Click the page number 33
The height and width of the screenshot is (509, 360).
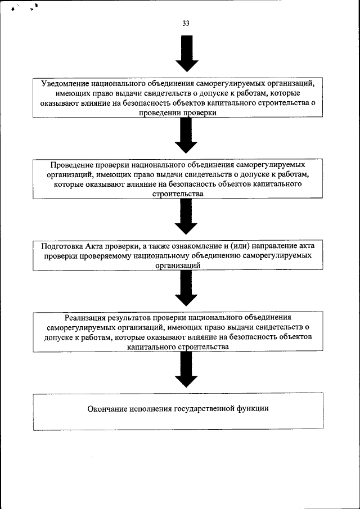(186, 23)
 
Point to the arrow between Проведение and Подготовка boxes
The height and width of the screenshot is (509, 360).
(186, 216)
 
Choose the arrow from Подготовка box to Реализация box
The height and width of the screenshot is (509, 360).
(186, 289)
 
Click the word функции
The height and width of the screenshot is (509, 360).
(253, 408)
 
